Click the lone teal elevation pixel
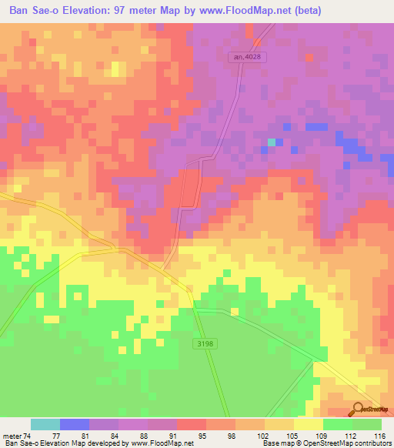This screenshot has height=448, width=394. pyautogui.click(x=272, y=142)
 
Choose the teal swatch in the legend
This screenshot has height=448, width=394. pyautogui.click(x=45, y=424)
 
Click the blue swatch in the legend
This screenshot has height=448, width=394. pyautogui.click(x=75, y=424)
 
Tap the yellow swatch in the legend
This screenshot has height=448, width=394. pyautogui.click(x=309, y=424)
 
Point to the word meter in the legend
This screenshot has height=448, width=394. pyautogui.click(x=13, y=436)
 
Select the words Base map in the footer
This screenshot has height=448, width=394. pyautogui.click(x=279, y=443)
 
